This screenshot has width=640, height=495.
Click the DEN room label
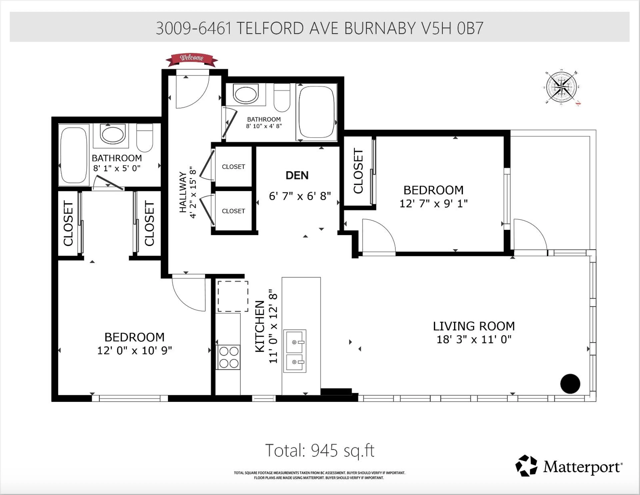297,175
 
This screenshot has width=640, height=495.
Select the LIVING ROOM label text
473,326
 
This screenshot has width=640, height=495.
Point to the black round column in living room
570,384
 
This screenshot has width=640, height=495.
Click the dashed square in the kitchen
233,296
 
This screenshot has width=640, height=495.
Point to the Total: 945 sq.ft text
320,450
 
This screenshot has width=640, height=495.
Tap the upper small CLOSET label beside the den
233,167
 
